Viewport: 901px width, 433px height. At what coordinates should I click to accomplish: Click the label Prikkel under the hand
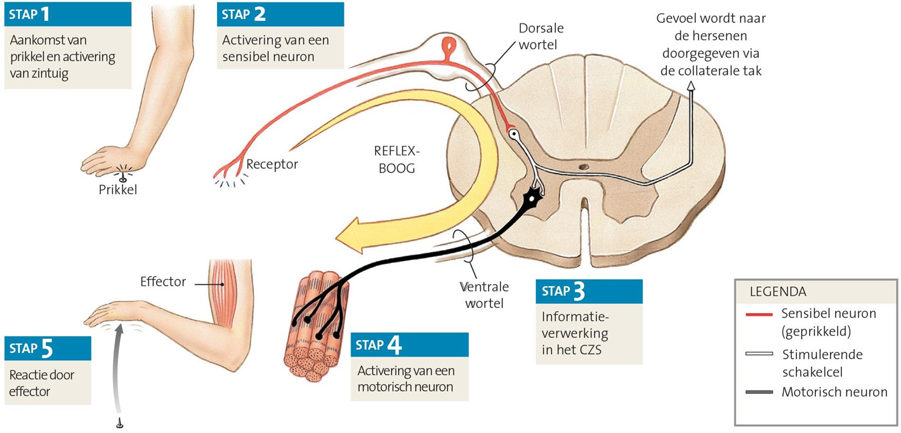[x=117, y=189]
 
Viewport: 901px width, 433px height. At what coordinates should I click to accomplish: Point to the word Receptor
[x=272, y=164]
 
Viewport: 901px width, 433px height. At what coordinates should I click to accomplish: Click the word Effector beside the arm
[x=163, y=281]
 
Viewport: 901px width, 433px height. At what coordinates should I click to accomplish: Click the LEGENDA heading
[x=778, y=292]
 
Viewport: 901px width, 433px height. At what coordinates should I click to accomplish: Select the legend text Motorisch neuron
[x=834, y=392]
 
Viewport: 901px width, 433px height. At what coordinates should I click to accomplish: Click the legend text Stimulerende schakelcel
[x=822, y=362]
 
